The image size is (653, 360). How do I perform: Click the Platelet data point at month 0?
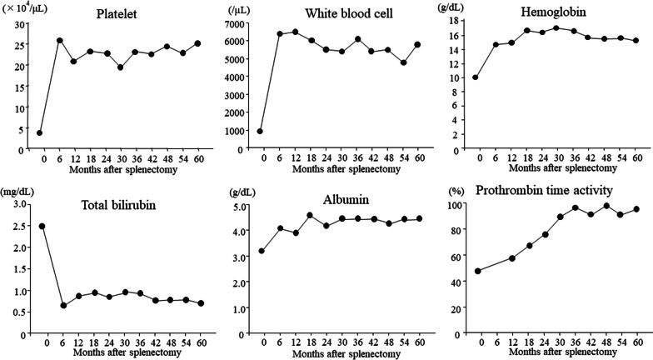click(x=39, y=132)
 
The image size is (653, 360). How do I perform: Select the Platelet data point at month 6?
click(x=59, y=40)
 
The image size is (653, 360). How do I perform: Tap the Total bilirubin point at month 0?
click(x=41, y=226)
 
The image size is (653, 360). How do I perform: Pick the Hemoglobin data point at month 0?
click(x=476, y=77)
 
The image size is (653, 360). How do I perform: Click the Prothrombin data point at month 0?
click(x=476, y=271)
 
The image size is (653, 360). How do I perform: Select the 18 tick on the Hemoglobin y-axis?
click(x=457, y=21)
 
